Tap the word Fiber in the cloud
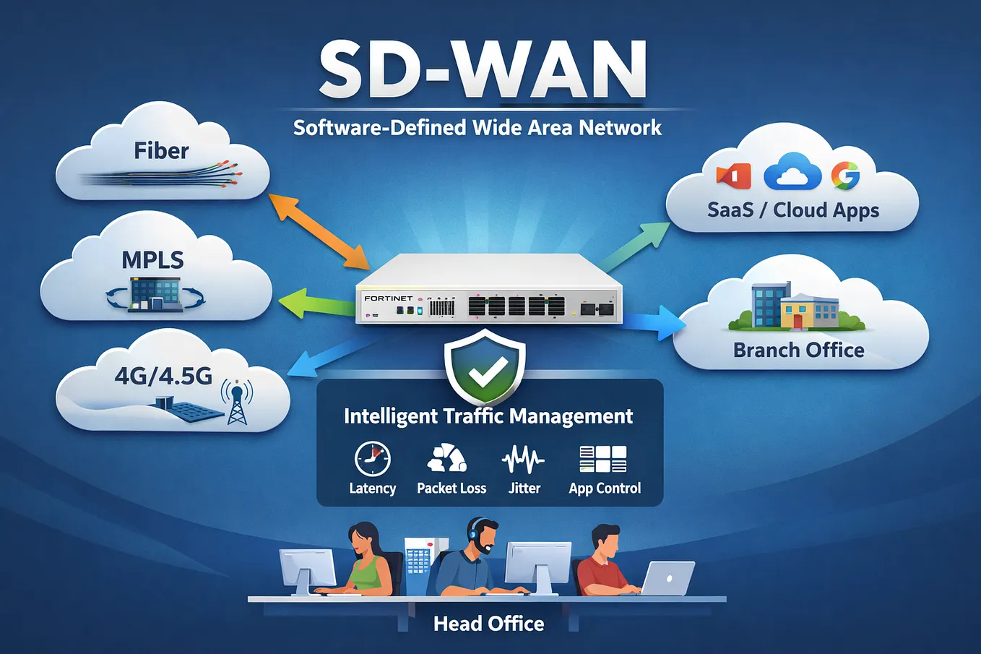[x=161, y=151]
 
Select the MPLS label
[x=153, y=259]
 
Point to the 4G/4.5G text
[x=163, y=377]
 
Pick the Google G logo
[x=845, y=175]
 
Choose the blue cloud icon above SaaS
[x=792, y=172]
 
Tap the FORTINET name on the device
[x=389, y=298]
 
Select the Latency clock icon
[x=372, y=459]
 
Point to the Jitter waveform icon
[x=523, y=460]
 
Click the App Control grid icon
[x=603, y=459]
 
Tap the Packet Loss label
[x=451, y=488]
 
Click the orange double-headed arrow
[x=319, y=231]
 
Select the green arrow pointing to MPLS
[x=317, y=303]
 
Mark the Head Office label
[x=489, y=624]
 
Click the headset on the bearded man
[x=473, y=531]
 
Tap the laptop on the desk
[x=666, y=578]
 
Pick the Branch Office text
[x=799, y=350]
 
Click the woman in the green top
[x=371, y=561]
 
